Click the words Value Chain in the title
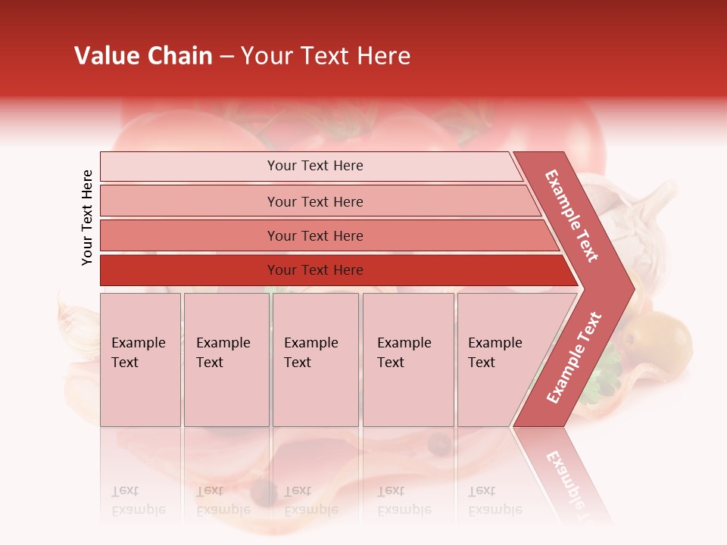(x=143, y=56)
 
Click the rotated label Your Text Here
(x=87, y=217)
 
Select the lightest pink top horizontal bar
(x=310, y=166)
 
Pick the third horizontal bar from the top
(x=326, y=235)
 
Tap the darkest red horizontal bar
(x=333, y=270)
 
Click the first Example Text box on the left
(x=140, y=360)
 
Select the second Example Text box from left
(x=226, y=360)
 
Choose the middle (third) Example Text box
(x=315, y=360)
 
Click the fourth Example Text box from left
(x=408, y=360)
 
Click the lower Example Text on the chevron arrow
(x=574, y=357)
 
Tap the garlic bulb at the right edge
(x=644, y=220)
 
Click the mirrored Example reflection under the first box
(x=138, y=509)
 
